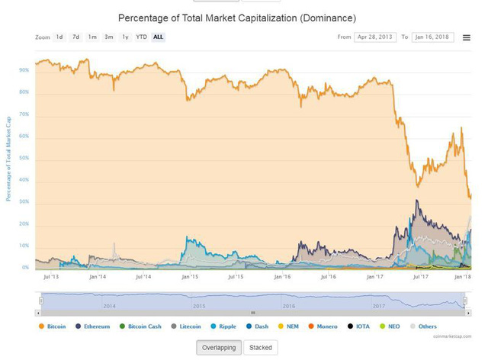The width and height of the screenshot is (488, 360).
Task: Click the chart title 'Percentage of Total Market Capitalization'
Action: coord(237,17)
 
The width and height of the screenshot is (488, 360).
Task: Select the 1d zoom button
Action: coord(59,37)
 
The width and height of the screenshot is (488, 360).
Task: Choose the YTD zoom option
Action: coord(141,37)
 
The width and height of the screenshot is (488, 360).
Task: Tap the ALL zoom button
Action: coord(158,37)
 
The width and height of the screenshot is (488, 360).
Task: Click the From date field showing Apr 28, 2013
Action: coord(375,37)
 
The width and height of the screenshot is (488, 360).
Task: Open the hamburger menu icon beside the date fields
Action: coord(467,37)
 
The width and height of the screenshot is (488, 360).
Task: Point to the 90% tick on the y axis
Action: coord(24,70)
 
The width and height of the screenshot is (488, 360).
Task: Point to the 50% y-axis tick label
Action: coord(24,158)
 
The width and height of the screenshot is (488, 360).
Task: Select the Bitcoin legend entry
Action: coord(52,326)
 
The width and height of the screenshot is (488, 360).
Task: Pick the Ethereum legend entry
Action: coord(92,326)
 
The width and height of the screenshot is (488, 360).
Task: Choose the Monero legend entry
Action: coord(323,326)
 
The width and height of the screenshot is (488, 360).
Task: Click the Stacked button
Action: coord(262,348)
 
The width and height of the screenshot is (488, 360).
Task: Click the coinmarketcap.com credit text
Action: coord(452,336)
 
